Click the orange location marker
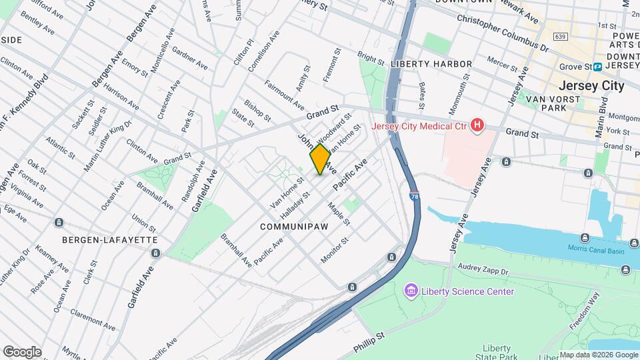[320, 159]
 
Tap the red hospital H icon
[477, 125]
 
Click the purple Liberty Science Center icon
[411, 291]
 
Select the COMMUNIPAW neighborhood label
[294, 227]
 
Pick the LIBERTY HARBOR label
[431, 64]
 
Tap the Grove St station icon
[598, 67]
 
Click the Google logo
[21, 351]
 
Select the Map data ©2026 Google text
[598, 355]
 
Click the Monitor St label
[335, 250]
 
